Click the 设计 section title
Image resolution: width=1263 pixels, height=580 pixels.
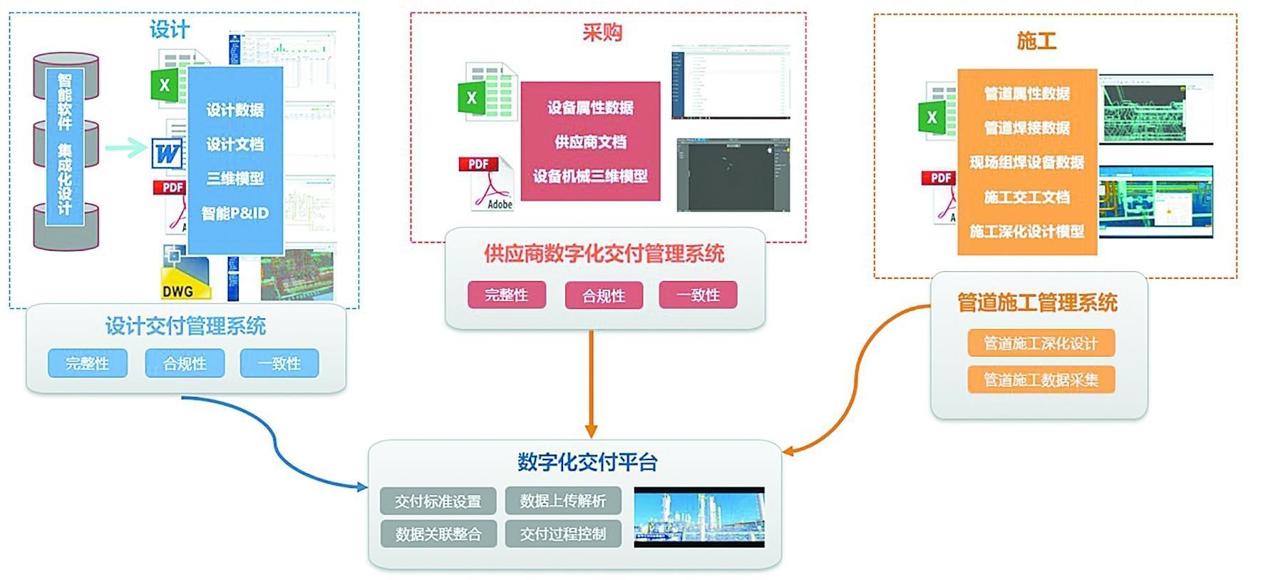click(169, 30)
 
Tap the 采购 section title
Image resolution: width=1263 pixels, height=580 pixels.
click(602, 33)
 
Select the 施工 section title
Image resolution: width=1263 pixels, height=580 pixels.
click(1036, 41)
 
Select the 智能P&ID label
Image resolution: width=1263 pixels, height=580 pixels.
click(234, 213)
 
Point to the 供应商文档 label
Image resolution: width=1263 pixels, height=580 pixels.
click(590, 142)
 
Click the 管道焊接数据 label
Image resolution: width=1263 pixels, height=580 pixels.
click(1026, 128)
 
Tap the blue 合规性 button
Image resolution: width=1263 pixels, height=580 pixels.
click(185, 363)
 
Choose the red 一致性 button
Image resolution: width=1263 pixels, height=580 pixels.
click(698, 295)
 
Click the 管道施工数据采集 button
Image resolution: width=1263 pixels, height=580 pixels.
click(1041, 380)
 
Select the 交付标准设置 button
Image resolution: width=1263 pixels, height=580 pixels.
click(438, 502)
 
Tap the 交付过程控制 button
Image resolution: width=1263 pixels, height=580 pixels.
click(563, 534)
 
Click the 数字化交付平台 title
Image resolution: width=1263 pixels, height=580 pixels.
click(587, 462)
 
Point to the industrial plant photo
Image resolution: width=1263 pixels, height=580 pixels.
click(699, 517)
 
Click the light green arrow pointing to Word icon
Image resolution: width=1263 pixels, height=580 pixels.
click(127, 148)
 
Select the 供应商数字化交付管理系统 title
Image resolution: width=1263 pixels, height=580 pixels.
click(604, 254)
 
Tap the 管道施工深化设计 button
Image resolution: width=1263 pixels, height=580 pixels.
click(1041, 343)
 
